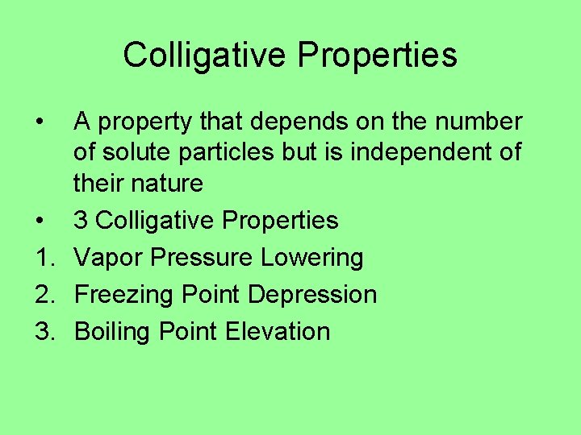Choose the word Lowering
pos(313,258)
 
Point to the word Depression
pos(312,295)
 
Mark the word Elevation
pos(278,332)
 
